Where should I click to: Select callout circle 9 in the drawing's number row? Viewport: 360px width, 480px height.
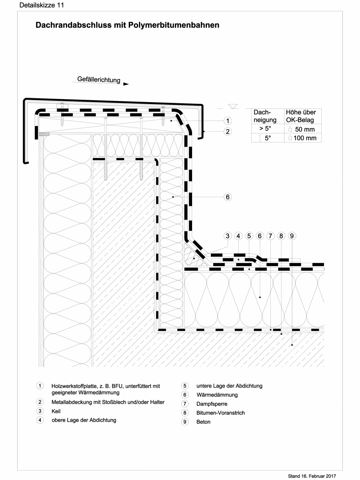coord(292,236)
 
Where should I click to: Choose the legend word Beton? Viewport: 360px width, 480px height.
coord(203,422)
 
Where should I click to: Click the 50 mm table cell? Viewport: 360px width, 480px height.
coord(302,129)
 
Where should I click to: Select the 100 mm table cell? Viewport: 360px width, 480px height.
coord(302,138)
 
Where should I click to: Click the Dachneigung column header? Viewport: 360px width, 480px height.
coord(265,116)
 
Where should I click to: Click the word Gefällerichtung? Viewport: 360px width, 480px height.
coord(99,80)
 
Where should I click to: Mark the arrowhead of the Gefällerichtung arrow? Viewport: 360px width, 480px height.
coord(126,83)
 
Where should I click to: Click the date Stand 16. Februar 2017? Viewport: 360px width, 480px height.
coord(312,476)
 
